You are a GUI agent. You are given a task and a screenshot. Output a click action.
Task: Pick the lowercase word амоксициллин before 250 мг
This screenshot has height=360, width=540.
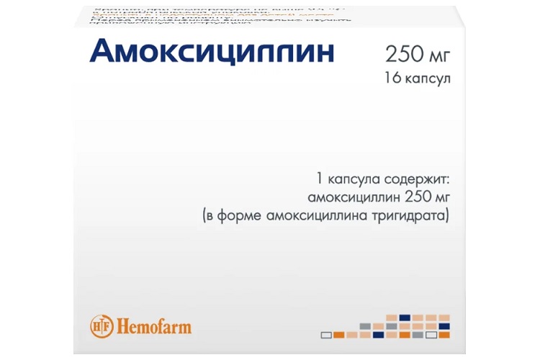tap(342, 197)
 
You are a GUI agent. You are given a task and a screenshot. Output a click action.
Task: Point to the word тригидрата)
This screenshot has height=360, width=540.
tap(418, 215)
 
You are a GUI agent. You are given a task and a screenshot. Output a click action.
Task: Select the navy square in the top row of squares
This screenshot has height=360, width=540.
tap(405, 318)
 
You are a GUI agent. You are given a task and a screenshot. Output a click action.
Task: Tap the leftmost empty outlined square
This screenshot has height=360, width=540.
tap(325, 335)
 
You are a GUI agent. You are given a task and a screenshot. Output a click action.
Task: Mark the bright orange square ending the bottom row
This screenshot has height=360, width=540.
tap(444, 335)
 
